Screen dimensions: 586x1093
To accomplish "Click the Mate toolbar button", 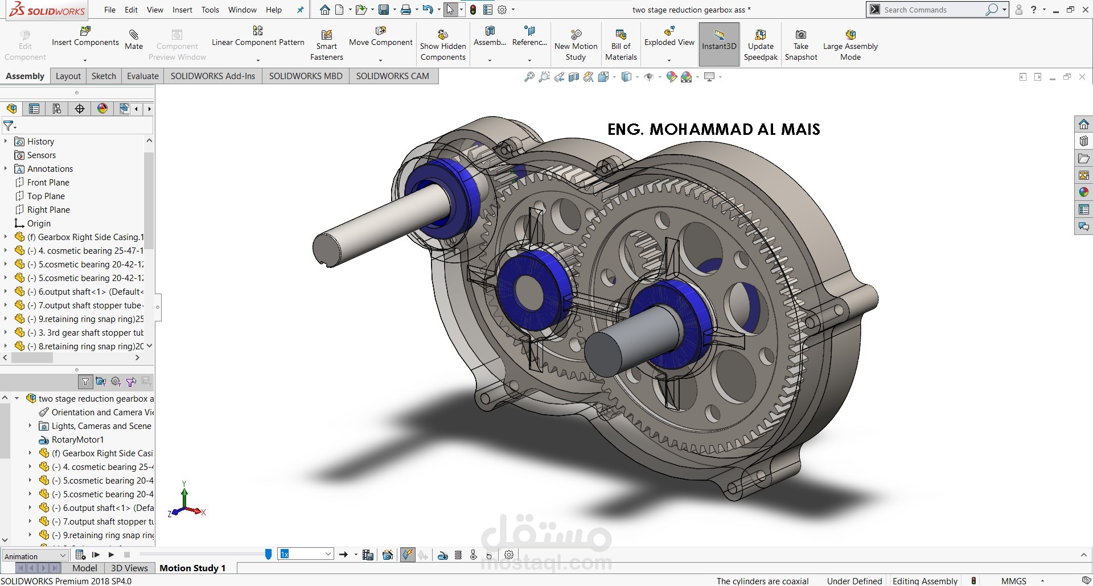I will pos(134,40).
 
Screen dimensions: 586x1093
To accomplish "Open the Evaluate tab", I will pos(142,76).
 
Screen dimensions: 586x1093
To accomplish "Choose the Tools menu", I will pos(210,10).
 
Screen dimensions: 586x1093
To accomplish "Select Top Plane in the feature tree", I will pos(46,196).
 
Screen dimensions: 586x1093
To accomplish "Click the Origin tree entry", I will pos(39,223).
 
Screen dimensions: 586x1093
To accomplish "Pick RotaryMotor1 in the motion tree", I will pos(77,439).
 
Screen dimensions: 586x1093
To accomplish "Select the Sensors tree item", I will pos(41,155).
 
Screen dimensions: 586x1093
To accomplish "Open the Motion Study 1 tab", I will pos(192,568).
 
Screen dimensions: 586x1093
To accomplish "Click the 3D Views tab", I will pos(129,568).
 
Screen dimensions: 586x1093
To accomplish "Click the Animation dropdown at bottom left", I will pos(35,556).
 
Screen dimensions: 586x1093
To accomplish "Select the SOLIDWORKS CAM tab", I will pos(392,76).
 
